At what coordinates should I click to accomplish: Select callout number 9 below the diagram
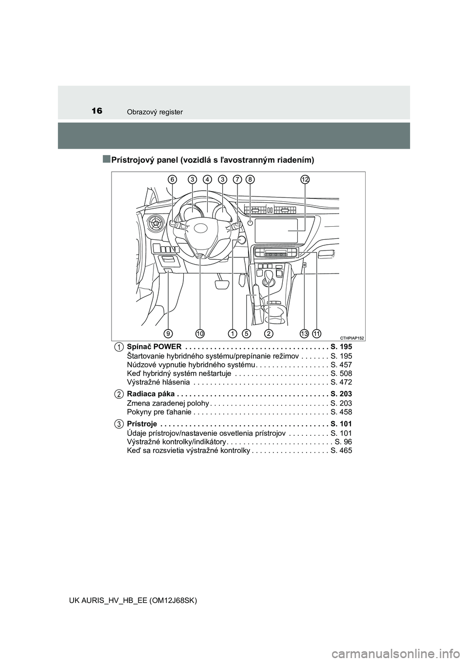168,333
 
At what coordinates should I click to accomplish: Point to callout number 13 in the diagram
304,333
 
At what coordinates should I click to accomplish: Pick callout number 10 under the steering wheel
200,333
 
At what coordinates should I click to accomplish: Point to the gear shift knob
270,276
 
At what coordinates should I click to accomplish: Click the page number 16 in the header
97,111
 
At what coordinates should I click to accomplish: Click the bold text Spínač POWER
154,347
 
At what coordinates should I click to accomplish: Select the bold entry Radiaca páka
151,394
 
